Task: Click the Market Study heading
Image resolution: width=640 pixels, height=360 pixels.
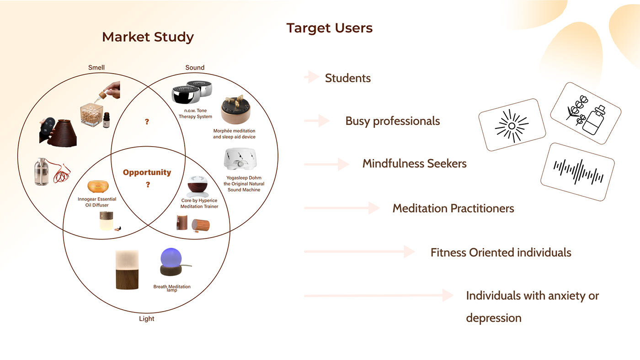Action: coord(148,37)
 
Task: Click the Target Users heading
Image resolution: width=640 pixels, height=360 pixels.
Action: coord(329,28)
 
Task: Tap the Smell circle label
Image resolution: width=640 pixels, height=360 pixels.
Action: coord(96,68)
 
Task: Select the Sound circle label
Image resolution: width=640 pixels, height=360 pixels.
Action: coord(195,68)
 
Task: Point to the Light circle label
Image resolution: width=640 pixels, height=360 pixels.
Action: coord(146,318)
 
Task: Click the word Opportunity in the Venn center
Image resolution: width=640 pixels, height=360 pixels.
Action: coord(147,172)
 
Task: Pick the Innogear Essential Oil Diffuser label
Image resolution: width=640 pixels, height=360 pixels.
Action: coord(97,202)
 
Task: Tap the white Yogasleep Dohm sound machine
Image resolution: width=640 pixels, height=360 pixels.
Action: coord(239,159)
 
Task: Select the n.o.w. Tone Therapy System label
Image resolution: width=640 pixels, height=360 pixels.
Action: coord(195,113)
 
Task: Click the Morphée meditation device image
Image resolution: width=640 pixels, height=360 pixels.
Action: coord(235,111)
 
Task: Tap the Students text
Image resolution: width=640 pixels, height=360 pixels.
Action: coord(347,78)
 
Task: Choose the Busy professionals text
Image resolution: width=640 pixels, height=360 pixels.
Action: coord(392,121)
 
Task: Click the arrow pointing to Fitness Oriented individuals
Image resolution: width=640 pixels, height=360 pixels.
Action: coord(359,251)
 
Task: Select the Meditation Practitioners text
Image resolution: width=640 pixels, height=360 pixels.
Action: coord(453,208)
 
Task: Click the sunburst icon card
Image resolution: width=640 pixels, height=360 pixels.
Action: coord(512,125)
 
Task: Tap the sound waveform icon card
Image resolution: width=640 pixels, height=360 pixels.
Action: coord(578,172)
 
